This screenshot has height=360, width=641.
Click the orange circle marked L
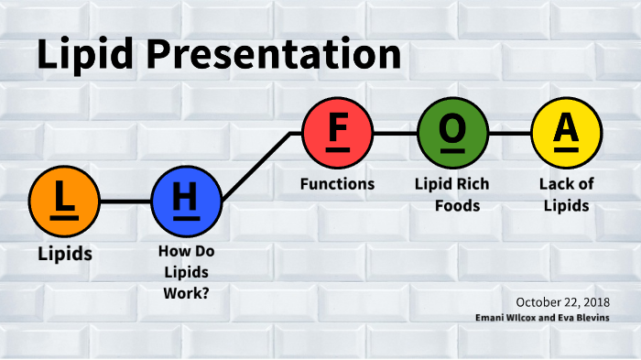click(x=64, y=201)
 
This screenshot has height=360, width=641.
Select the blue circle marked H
click(x=186, y=201)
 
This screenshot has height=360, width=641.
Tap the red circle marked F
click(x=338, y=134)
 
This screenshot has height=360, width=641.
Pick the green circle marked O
click(x=452, y=134)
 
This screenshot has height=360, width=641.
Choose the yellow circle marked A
click(x=567, y=134)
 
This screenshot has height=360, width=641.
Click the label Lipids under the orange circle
click(x=64, y=254)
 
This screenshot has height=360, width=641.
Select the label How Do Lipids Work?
click(x=186, y=272)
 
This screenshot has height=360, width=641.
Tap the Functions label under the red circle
click(x=337, y=184)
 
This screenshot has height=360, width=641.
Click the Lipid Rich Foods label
click(x=452, y=194)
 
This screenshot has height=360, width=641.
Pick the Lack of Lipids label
click(x=566, y=194)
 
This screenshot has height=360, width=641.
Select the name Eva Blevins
click(x=586, y=317)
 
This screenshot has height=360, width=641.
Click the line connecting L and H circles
click(x=125, y=201)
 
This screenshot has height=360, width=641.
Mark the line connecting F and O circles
click(x=395, y=134)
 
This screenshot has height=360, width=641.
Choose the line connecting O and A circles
click(x=509, y=134)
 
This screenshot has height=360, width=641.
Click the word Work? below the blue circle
click(x=186, y=294)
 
